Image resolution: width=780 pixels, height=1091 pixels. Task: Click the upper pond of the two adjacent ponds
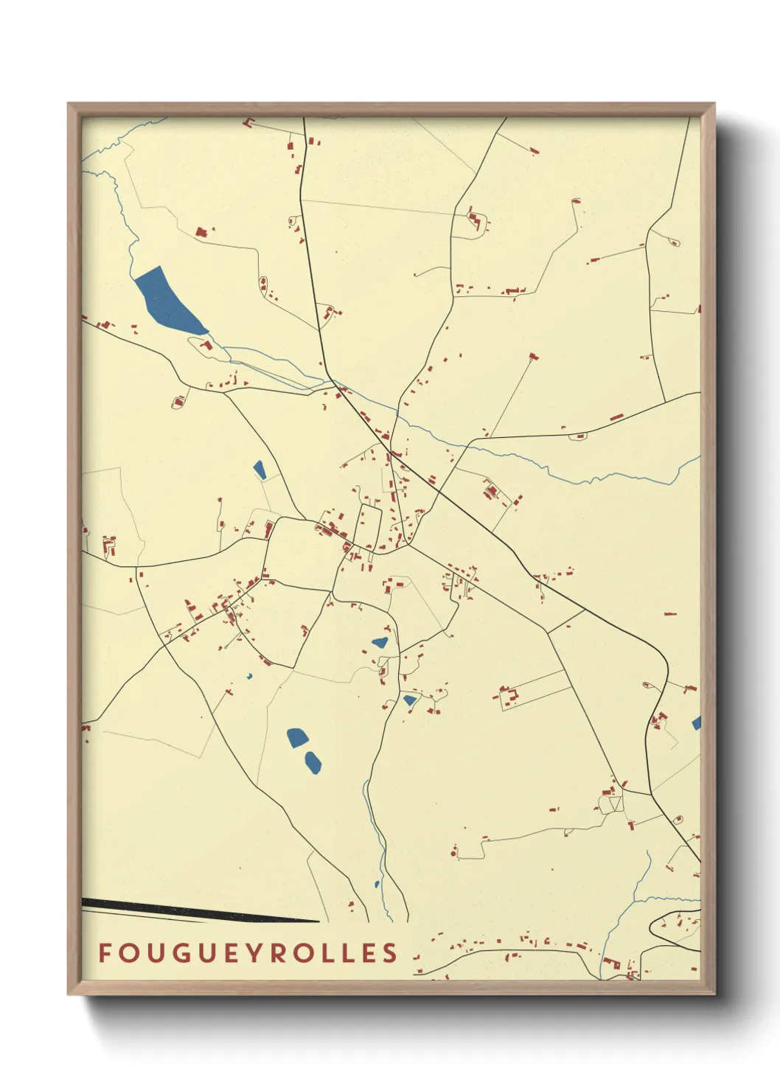click(296, 737)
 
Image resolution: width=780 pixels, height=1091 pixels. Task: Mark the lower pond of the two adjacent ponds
click(313, 762)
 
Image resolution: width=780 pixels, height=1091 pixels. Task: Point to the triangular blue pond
click(409, 700)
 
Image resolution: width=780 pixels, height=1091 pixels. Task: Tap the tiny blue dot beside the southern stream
click(377, 884)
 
